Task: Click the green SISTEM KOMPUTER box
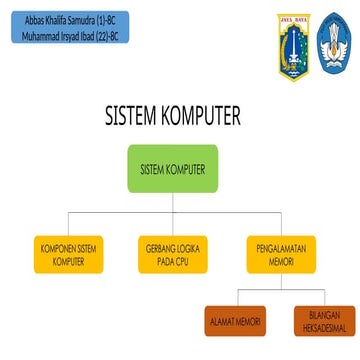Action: point(172,169)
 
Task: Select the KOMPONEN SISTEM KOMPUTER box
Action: point(68,254)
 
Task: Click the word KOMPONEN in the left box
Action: point(53,247)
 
